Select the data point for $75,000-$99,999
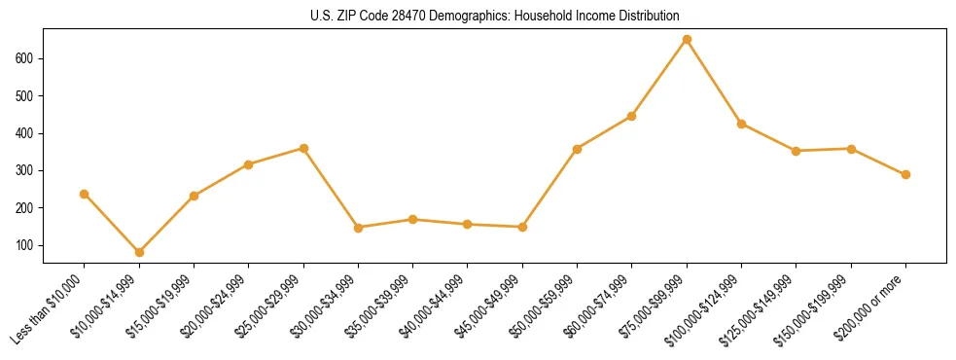click(687, 40)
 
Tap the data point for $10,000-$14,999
click(139, 252)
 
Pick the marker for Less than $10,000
click(85, 194)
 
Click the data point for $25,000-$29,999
click(303, 149)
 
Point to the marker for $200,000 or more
click(905, 175)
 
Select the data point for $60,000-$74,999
click(632, 116)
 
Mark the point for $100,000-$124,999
click(741, 124)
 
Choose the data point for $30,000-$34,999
click(358, 228)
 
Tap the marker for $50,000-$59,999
click(578, 149)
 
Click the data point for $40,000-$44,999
click(468, 225)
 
